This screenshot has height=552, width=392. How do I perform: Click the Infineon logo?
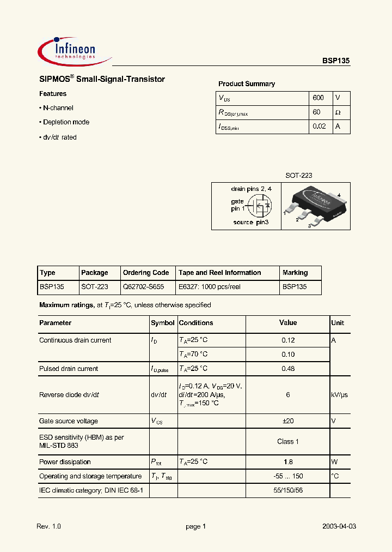pyautogui.click(x=74, y=50)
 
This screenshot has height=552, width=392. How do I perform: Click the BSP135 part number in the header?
pyautogui.click(x=339, y=62)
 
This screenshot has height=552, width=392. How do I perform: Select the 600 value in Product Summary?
pyautogui.click(x=318, y=98)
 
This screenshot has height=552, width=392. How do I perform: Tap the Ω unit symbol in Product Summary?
pyautogui.click(x=338, y=112)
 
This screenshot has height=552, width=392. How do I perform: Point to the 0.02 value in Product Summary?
pyautogui.click(x=319, y=127)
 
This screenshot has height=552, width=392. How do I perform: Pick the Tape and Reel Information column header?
pyautogui.click(x=220, y=273)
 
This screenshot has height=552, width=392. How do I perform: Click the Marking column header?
pyautogui.click(x=295, y=273)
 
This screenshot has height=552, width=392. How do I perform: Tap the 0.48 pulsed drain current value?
pyautogui.click(x=288, y=369)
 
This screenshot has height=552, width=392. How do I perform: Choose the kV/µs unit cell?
pyautogui.click(x=339, y=395)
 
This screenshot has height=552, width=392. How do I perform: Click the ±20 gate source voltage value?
pyautogui.click(x=288, y=421)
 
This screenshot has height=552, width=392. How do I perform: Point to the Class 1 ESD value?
pyautogui.click(x=288, y=441)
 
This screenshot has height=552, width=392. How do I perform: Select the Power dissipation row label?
pyautogui.click(x=65, y=462)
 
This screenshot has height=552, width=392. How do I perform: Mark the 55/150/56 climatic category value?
pyautogui.click(x=288, y=491)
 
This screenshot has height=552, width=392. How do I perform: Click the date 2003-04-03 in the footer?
pyautogui.click(x=339, y=526)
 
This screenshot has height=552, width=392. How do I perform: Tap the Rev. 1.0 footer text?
pyautogui.click(x=49, y=526)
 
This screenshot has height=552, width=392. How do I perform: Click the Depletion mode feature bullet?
pyautogui.click(x=66, y=122)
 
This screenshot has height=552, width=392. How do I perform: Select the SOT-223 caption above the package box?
pyautogui.click(x=299, y=176)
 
